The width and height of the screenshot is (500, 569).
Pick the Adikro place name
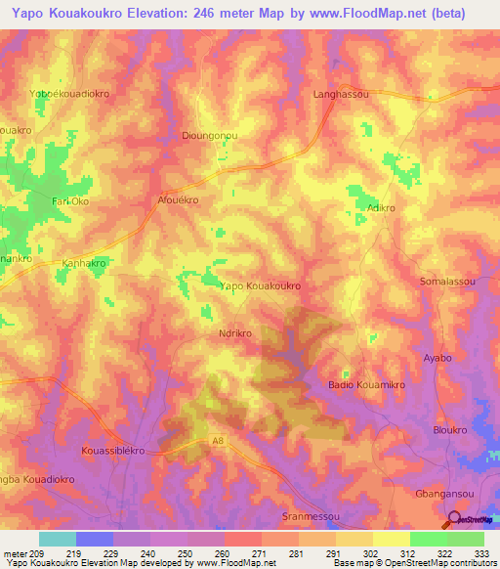(380, 208)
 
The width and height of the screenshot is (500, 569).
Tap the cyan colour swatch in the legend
(57, 539)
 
